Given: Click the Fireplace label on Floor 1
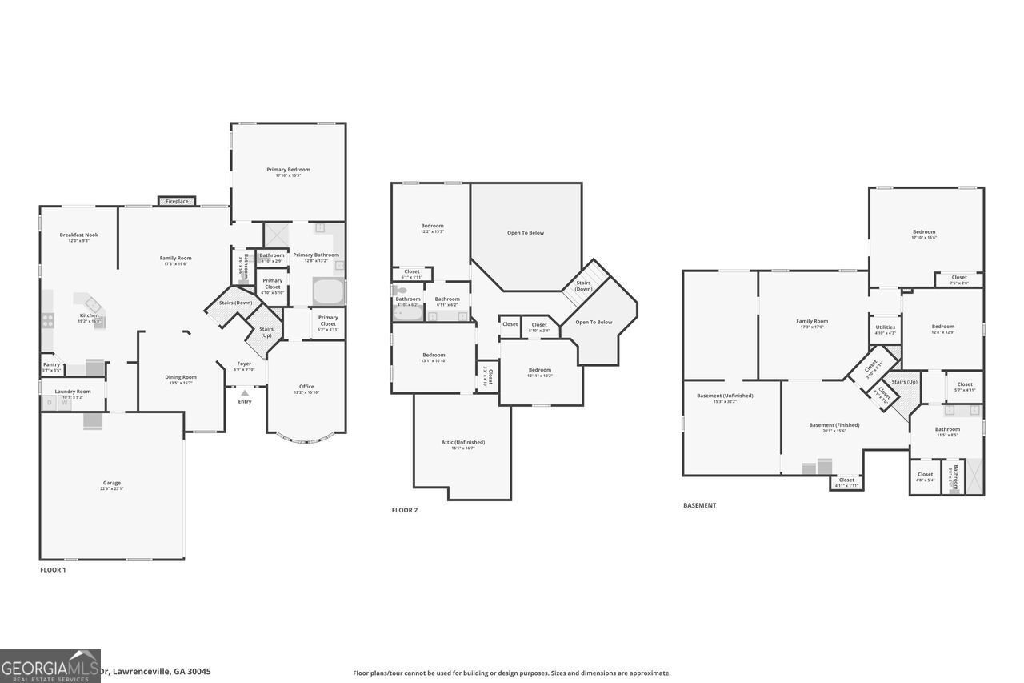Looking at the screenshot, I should pyautogui.click(x=177, y=201).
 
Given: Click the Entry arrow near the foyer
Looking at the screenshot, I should pyautogui.click(x=245, y=392).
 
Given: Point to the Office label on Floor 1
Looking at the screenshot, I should pyautogui.click(x=307, y=389).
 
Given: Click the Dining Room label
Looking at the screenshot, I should pyautogui.click(x=181, y=380).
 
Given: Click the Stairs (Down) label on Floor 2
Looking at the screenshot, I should pyautogui.click(x=583, y=286).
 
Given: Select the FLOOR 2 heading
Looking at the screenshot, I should pyautogui.click(x=405, y=510).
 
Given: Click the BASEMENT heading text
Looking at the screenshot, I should pyautogui.click(x=699, y=505).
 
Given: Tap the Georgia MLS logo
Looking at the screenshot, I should pyautogui.click(x=50, y=666).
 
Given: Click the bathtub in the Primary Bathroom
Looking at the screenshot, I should pyautogui.click(x=328, y=291).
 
